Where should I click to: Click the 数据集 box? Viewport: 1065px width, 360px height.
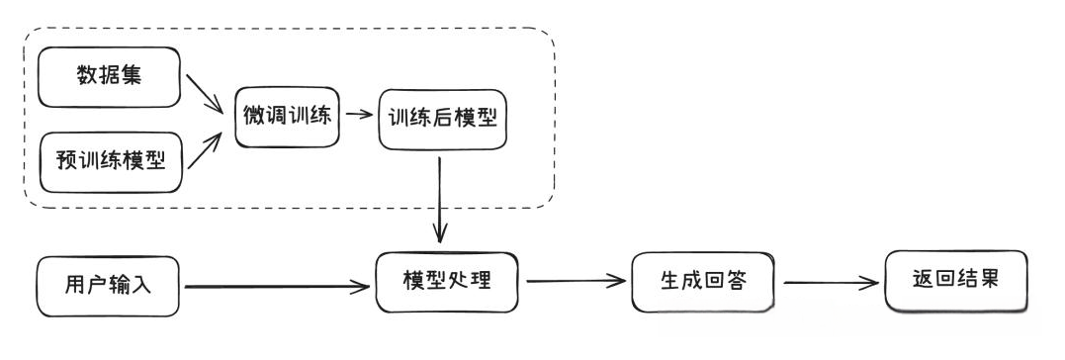[109, 75]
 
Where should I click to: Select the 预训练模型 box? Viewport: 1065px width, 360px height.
[109, 161]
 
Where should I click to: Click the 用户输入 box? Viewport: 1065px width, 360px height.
[109, 287]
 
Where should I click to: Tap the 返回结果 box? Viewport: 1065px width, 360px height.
[955, 281]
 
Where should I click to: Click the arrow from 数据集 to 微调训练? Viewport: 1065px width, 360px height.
[205, 95]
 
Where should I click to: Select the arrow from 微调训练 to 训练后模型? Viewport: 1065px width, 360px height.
[360, 114]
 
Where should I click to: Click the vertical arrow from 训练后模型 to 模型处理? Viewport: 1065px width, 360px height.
[440, 198]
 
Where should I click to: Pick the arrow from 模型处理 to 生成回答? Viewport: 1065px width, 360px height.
[577, 281]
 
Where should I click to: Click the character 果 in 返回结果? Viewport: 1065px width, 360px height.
[989, 281]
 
